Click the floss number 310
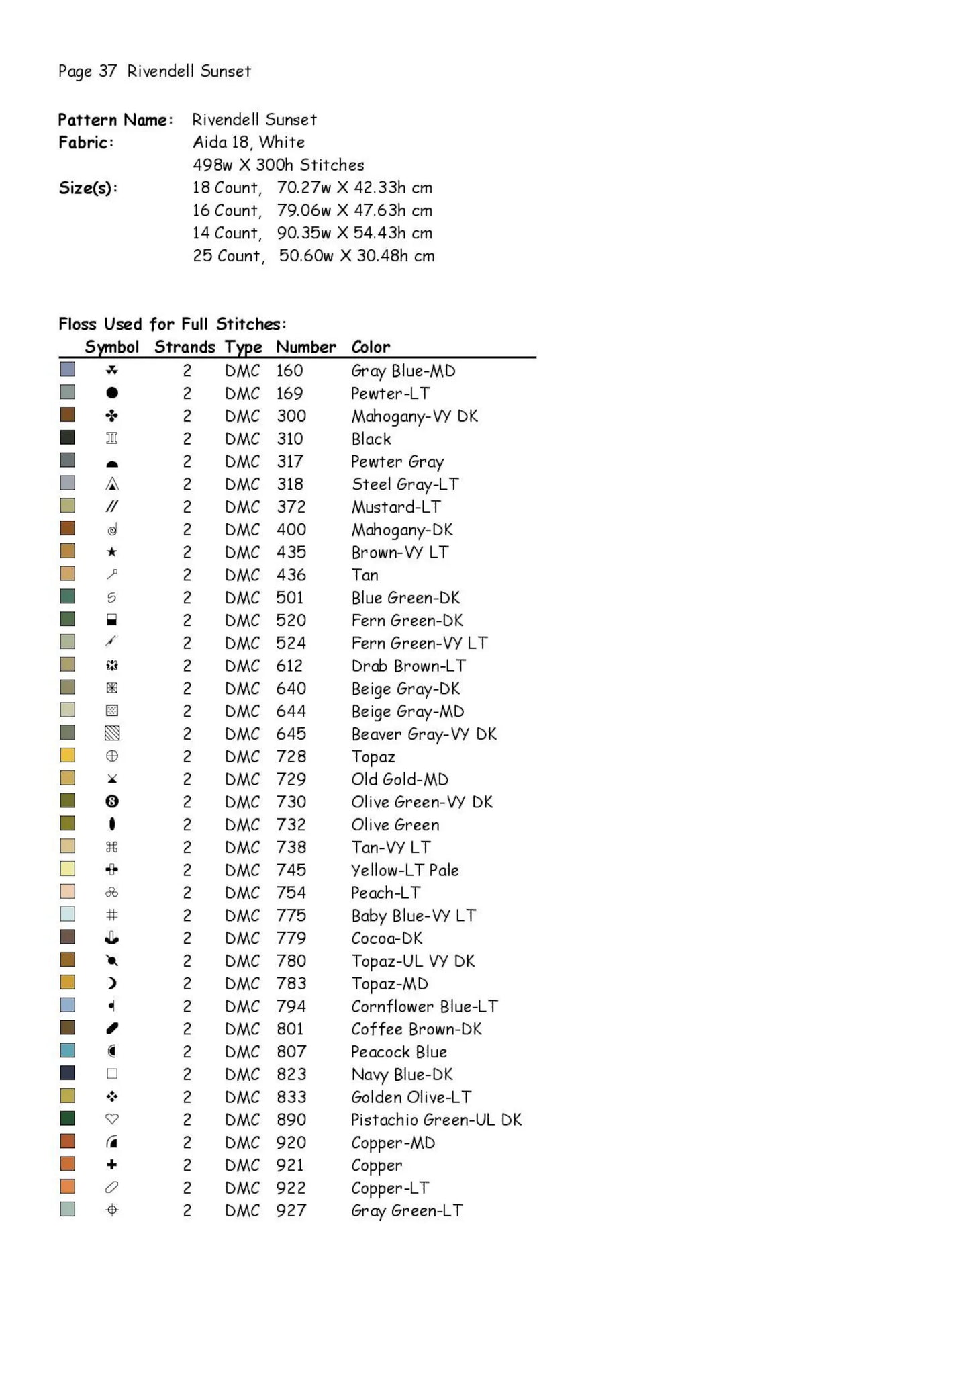pyautogui.click(x=289, y=439)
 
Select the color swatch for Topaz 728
pyautogui.click(x=68, y=755)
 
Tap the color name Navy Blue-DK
pyautogui.click(x=401, y=1074)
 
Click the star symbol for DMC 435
pyautogui.click(x=112, y=551)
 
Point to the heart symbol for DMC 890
pyautogui.click(x=112, y=1119)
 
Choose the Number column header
pyautogui.click(x=305, y=347)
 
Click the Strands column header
pyautogui.click(x=185, y=347)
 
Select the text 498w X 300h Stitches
pyautogui.click(x=278, y=165)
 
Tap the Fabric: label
pyautogui.click(x=86, y=142)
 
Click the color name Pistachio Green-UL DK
pyautogui.click(x=436, y=1120)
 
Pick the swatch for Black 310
pyautogui.click(x=68, y=437)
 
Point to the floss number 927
pyautogui.click(x=291, y=1210)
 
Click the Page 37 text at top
pyautogui.click(x=87, y=71)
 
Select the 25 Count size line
pyautogui.click(x=313, y=256)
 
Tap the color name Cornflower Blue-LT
pyautogui.click(x=424, y=1006)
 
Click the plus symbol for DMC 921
pyautogui.click(x=112, y=1165)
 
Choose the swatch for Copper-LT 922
pyautogui.click(x=68, y=1186)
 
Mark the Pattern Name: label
pyautogui.click(x=115, y=120)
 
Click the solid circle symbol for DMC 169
pyautogui.click(x=112, y=392)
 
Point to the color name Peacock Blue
pyautogui.click(x=399, y=1052)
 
